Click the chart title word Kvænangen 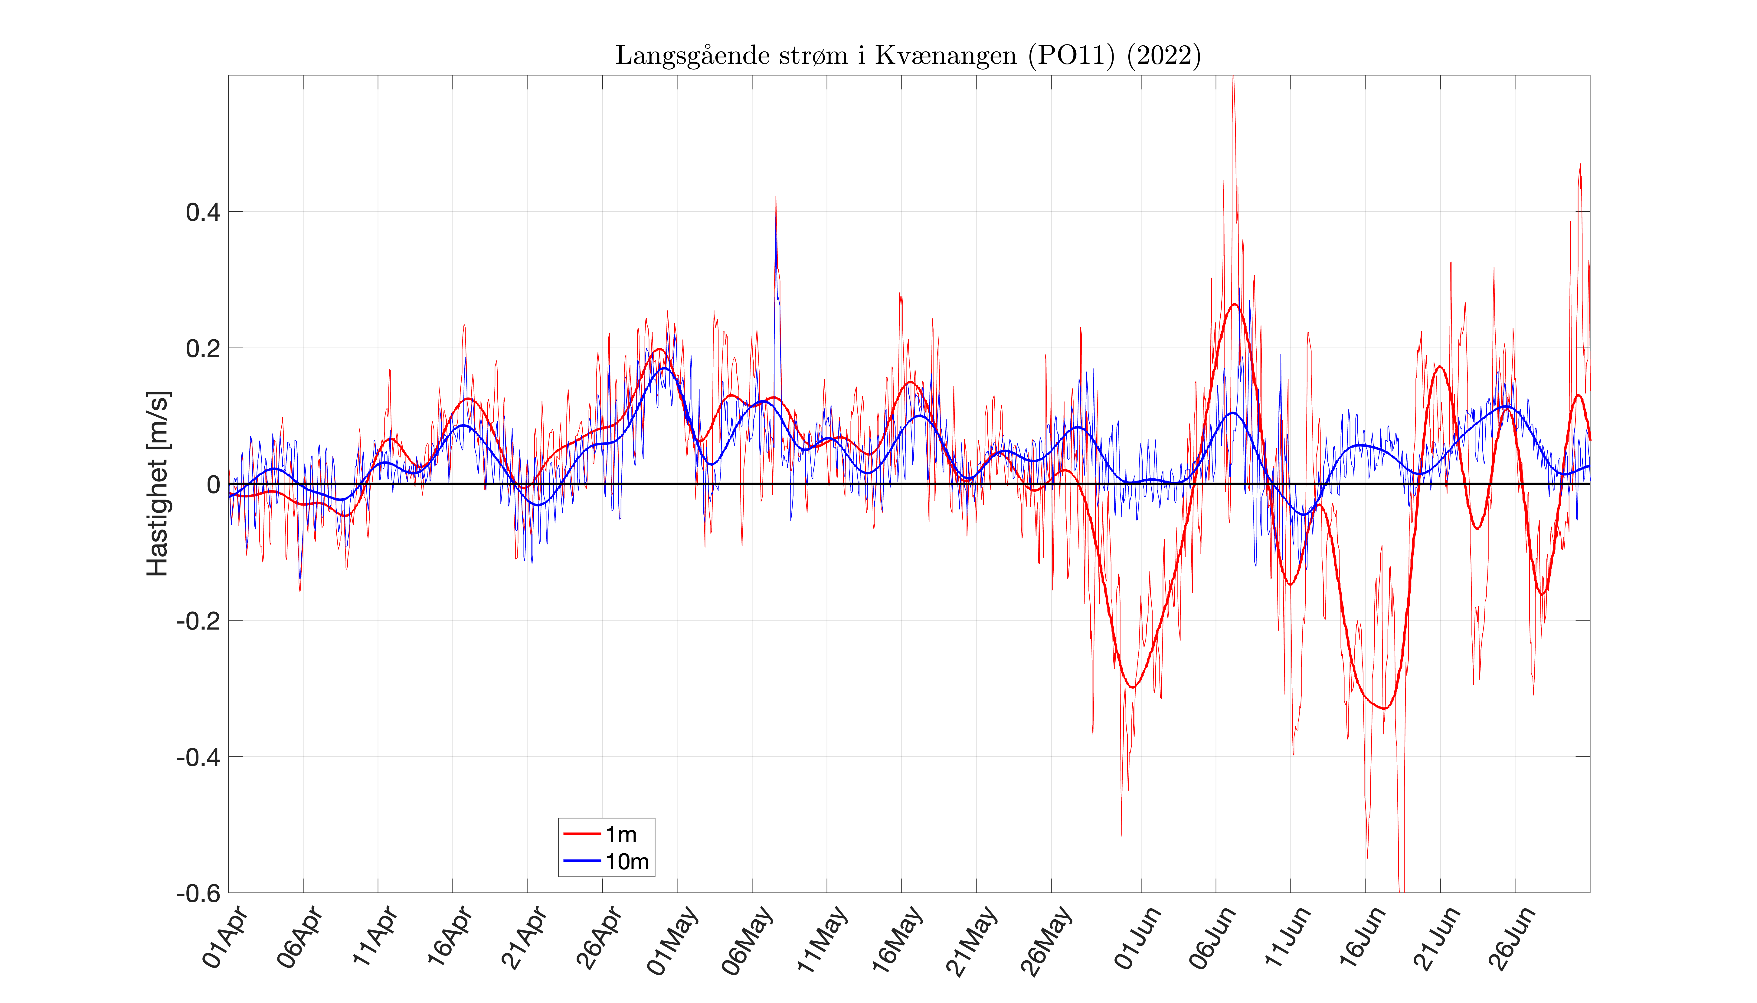coord(945,55)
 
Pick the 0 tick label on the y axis coord(214,485)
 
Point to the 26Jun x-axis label coord(1511,938)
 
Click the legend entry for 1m coord(620,834)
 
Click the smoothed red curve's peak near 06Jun coord(1234,304)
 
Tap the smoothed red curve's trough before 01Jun coord(1132,687)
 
